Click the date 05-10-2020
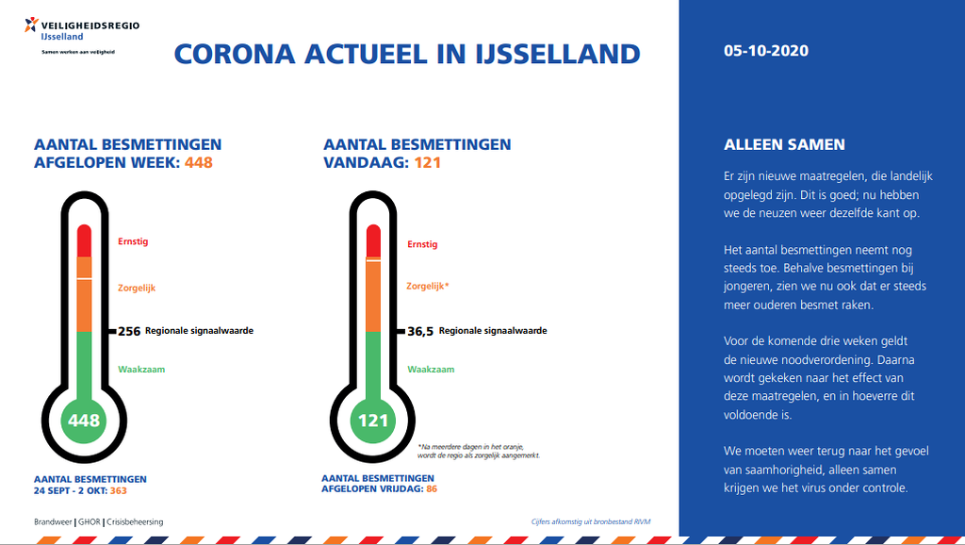[765, 51]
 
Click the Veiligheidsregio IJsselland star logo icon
[31, 25]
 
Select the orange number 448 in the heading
[198, 162]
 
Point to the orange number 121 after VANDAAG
[427, 162]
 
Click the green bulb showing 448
[84, 421]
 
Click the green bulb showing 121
[373, 421]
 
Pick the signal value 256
[129, 331]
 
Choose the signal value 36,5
[420, 331]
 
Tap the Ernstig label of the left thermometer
[133, 241]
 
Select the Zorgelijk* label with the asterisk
[428, 286]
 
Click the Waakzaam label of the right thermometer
[431, 370]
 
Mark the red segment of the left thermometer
[84, 240]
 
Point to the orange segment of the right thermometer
[373, 295]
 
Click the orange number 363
[118, 491]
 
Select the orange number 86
[432, 489]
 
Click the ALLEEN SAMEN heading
[784, 144]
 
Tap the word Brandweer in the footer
[53, 522]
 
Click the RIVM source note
[591, 521]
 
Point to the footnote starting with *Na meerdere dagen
[479, 452]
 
